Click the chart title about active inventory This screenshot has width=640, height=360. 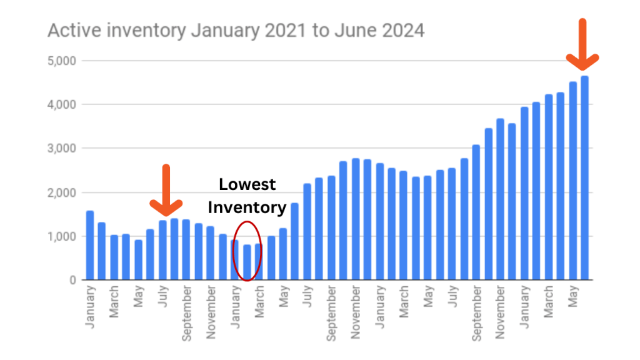pyautogui.click(x=236, y=30)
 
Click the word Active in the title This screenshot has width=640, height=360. pyautogui.click(x=69, y=30)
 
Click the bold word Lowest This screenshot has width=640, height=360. pyautogui.click(x=247, y=185)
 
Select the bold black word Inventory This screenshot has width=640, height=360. pyautogui.click(x=247, y=207)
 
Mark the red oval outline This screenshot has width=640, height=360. pyautogui.click(x=233, y=250)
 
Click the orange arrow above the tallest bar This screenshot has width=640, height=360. pyautogui.click(x=582, y=47)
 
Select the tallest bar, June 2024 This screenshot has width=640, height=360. pyautogui.click(x=584, y=178)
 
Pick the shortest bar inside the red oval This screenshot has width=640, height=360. pyautogui.click(x=247, y=262)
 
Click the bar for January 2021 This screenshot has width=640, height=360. pyautogui.click(x=90, y=246)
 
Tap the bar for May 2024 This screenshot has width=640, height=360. pyautogui.click(x=572, y=181)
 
